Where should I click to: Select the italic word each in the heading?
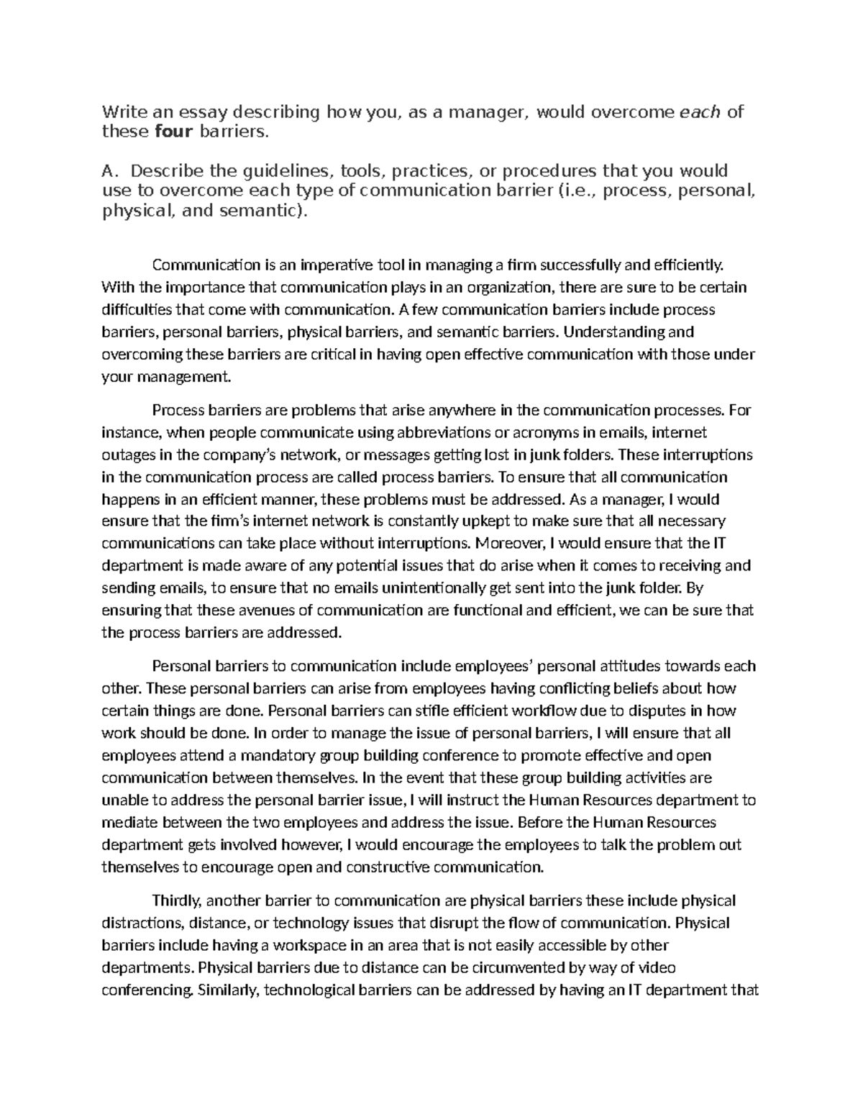(x=700, y=111)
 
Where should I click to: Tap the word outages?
(x=127, y=455)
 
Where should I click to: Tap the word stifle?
(x=414, y=711)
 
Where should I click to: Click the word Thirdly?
(x=178, y=901)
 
